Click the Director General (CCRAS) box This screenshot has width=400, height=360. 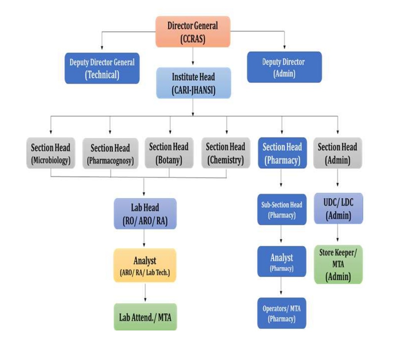coord(193,32)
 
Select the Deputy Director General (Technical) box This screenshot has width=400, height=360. coord(102,68)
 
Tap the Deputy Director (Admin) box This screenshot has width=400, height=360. coord(284,67)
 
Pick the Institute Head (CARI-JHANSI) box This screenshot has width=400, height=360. coord(193,83)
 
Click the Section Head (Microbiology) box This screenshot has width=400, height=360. coord(51,153)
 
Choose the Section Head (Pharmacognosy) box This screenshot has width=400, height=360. coord(110,154)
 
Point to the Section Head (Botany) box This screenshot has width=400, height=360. coord(169,153)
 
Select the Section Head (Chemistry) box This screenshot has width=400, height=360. coord(225,153)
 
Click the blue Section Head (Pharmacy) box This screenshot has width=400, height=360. coord(282,153)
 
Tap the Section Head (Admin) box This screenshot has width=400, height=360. coord(337,153)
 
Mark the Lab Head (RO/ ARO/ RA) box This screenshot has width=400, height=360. coord(145,214)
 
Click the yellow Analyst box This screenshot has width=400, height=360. coord(145,265)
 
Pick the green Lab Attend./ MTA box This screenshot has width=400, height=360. coord(145,317)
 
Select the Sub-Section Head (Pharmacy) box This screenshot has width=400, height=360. coord(282,210)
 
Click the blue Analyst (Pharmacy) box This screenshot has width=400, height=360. coord(282,261)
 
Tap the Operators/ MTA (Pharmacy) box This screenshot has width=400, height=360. coord(282,313)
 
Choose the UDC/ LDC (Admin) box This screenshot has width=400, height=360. coord(338,209)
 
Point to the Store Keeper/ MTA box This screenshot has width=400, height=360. coord(338,264)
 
